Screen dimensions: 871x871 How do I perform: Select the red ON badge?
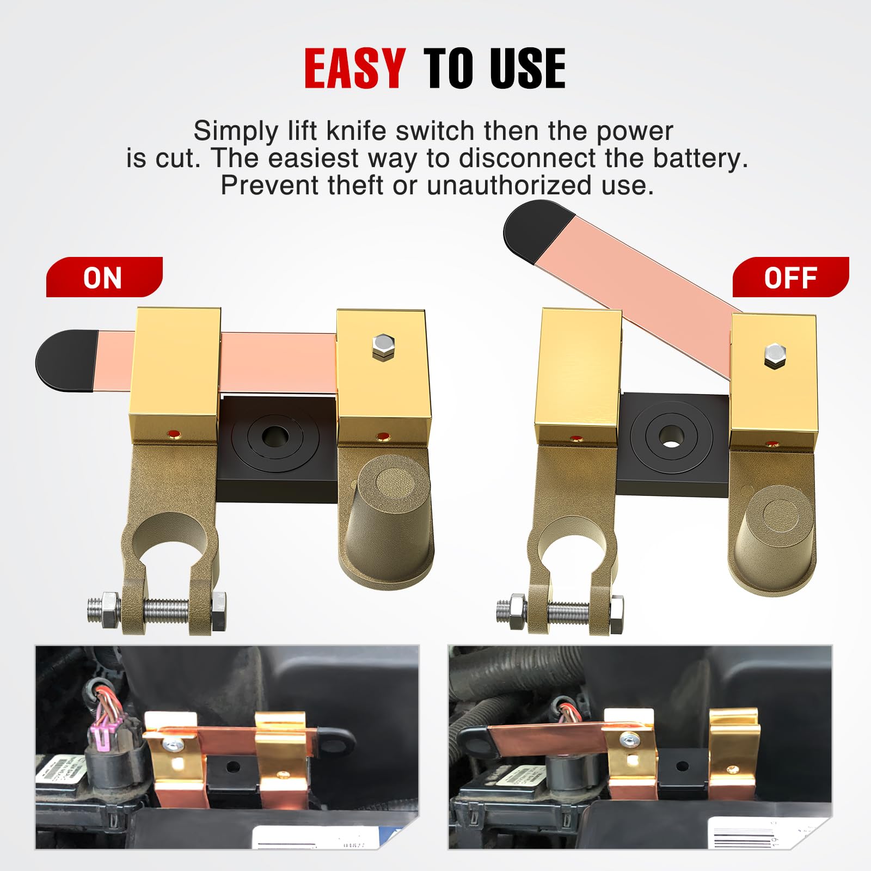point(104,278)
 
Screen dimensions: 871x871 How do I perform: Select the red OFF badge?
point(790,278)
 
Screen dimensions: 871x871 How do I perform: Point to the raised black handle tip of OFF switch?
point(536,229)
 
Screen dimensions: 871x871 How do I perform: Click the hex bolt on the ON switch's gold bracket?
point(384,346)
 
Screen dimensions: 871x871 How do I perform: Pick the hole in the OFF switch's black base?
point(671,436)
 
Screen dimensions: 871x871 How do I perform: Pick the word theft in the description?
point(356,186)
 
